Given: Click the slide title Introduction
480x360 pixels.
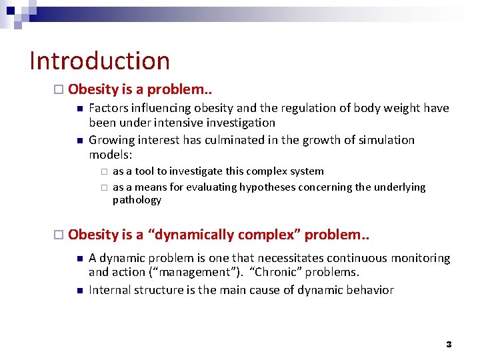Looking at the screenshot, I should [x=100, y=61].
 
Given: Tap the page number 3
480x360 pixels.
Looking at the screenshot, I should [x=449, y=344].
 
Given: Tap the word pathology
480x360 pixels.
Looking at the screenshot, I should [x=137, y=200].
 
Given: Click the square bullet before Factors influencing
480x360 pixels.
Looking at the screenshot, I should [x=78, y=109].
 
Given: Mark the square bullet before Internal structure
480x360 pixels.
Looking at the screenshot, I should [x=78, y=291].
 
